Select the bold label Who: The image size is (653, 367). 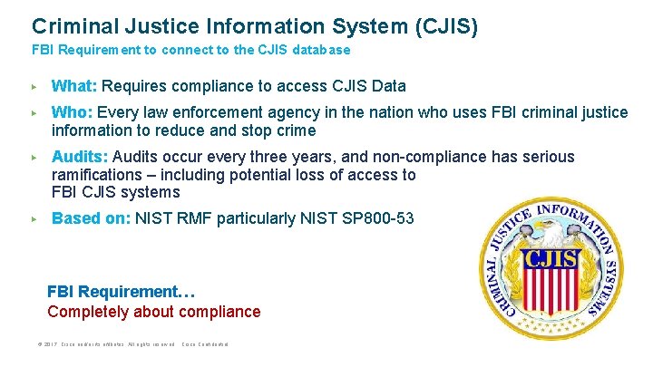click(x=73, y=113)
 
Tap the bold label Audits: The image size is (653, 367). click(x=80, y=158)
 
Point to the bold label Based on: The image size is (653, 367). click(x=91, y=218)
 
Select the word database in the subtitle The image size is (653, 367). click(x=320, y=51)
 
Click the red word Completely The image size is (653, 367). click(x=87, y=312)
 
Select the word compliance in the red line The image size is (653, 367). click(x=221, y=312)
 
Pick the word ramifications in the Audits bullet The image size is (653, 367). click(x=93, y=175)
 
